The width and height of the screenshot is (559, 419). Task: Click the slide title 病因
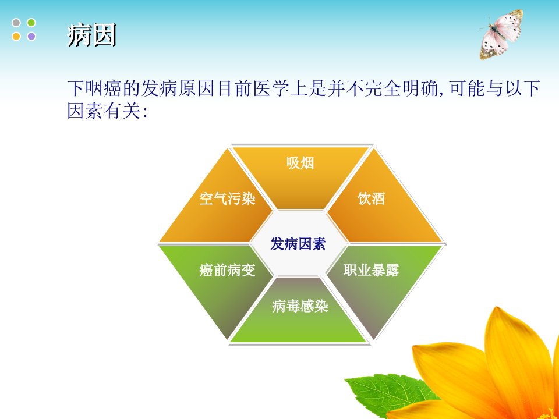coord(92,35)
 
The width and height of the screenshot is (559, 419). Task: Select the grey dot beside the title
coord(16,23)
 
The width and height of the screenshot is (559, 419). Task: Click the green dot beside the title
coord(31,23)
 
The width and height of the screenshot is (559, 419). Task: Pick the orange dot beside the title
coord(16,36)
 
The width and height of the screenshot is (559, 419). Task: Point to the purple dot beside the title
coord(31,36)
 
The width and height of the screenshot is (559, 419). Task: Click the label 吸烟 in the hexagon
coord(300,163)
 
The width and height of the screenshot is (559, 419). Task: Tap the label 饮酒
coord(372,198)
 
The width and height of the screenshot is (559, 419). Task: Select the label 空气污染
coord(228,198)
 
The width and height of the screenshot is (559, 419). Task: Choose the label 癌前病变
coord(228,270)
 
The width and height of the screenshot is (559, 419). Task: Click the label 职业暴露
coord(372,269)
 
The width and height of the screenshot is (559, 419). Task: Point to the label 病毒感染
coord(300,306)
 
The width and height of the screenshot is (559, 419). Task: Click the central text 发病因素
coord(298,244)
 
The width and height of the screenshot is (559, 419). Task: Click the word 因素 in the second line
coord(86,111)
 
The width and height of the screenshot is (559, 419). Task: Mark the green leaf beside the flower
coord(391,394)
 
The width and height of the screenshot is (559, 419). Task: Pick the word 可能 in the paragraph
coord(466,88)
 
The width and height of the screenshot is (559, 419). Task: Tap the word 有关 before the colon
coord(123,111)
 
